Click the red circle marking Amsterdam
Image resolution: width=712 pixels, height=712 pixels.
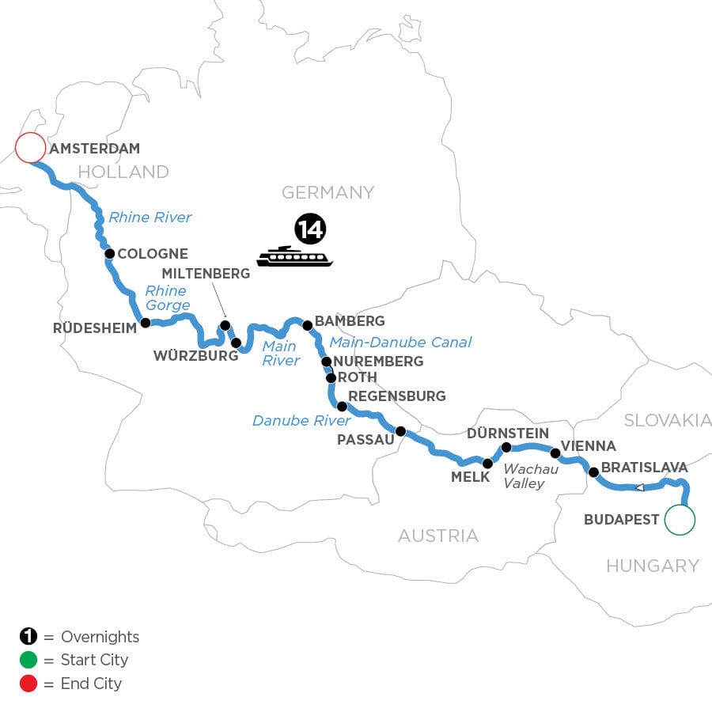coord(30,147)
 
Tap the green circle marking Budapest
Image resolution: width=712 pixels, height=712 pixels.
coord(680,520)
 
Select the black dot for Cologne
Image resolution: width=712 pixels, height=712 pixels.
coord(110,254)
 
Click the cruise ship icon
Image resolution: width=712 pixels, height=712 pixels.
coord(294,256)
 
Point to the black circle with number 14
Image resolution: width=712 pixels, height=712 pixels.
coord(310,229)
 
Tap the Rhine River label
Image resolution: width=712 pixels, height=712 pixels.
coord(150,217)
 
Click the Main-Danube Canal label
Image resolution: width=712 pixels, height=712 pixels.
coord(400,342)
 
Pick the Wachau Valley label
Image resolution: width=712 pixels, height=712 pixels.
coord(531,475)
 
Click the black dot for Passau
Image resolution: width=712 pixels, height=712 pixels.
coord(400,431)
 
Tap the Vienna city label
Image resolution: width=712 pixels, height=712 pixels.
coord(588,446)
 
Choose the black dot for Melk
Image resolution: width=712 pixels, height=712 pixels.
coord(487,464)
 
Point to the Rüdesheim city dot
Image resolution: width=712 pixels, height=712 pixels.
coord(146,322)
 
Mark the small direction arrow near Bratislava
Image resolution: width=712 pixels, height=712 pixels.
coord(639,487)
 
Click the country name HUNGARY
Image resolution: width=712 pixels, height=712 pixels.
coord(653,566)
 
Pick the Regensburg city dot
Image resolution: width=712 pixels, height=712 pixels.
coord(342,407)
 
